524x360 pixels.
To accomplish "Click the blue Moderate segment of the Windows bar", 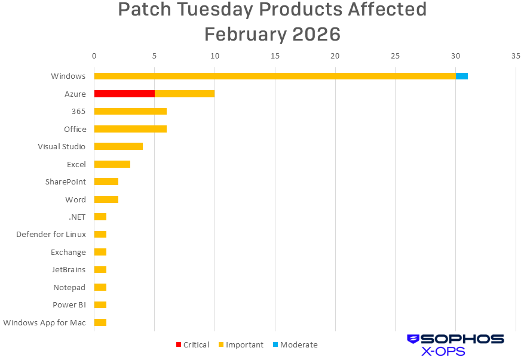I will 462,76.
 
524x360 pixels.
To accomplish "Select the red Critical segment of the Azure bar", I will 124,94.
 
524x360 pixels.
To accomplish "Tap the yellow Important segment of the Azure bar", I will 185,94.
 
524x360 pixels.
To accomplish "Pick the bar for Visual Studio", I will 118,146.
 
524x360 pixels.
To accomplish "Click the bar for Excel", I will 112,164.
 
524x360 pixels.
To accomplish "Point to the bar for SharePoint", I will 106,181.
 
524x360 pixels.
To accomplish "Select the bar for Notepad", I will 100,287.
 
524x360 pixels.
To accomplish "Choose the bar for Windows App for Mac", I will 100,322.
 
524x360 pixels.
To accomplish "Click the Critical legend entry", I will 192,344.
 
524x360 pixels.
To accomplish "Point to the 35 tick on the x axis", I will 516,56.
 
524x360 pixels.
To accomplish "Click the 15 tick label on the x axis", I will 275,56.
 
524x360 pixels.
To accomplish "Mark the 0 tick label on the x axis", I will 94,56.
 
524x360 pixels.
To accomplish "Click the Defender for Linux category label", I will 51,235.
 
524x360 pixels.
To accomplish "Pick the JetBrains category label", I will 69,270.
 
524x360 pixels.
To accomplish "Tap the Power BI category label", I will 69,305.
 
